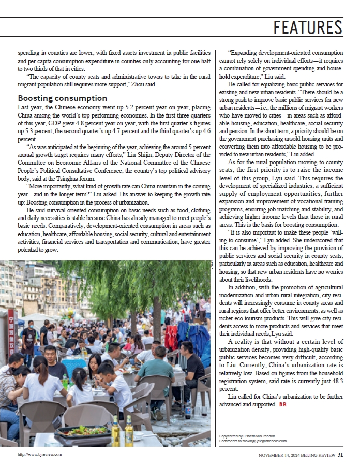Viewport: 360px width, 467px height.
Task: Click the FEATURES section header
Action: click(308, 27)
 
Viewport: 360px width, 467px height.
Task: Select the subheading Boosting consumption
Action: click(62, 98)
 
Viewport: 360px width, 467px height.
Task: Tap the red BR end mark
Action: click(282, 404)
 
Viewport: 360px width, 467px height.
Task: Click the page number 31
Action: click(340, 455)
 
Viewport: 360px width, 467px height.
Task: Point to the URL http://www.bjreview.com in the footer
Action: click(39, 455)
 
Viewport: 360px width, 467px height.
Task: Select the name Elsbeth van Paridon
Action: click(262, 436)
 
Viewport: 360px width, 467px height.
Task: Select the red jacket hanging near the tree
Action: click(171, 337)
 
